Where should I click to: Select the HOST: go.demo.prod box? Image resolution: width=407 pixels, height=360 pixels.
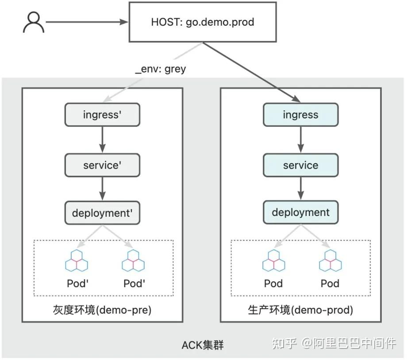coord(203,22)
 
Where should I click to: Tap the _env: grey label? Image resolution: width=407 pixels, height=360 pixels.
coord(161,69)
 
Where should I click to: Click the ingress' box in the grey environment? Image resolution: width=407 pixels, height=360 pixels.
coord(102,115)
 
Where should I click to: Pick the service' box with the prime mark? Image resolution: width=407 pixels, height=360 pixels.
coord(102,165)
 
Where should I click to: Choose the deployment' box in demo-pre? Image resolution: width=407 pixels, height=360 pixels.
coord(102,213)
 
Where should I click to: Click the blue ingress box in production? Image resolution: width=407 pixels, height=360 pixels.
coord(300,115)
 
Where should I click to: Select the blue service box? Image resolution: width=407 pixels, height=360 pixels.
coord(300,165)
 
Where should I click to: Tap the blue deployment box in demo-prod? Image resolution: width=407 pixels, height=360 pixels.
coord(300,213)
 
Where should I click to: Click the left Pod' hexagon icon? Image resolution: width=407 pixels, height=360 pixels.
coord(76,261)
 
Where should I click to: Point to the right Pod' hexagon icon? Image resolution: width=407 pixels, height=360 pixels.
coord(133,261)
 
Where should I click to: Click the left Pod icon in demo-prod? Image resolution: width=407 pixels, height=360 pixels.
coord(273,261)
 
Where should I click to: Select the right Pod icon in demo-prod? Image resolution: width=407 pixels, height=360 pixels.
coord(330,261)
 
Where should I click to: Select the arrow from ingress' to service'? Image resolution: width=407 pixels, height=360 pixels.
coord(102,140)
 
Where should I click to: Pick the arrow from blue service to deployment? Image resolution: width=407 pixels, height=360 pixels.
coord(300,189)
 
